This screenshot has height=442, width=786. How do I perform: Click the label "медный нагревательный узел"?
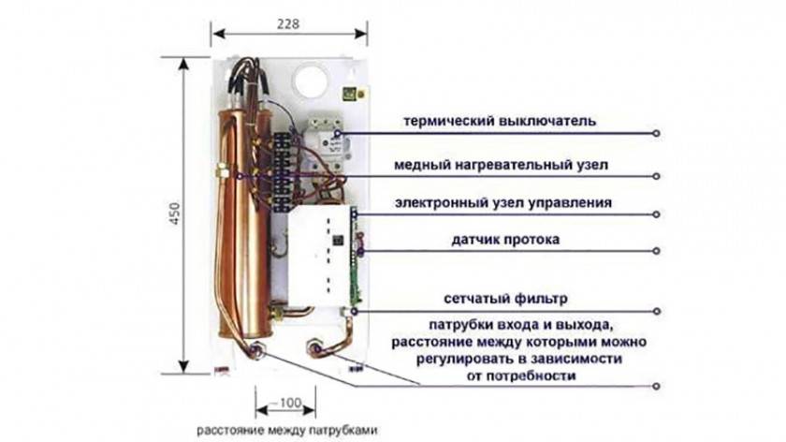(500, 165)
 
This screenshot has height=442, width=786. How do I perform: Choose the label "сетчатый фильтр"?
(504, 300)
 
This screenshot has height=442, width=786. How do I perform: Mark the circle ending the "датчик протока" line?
(658, 250)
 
